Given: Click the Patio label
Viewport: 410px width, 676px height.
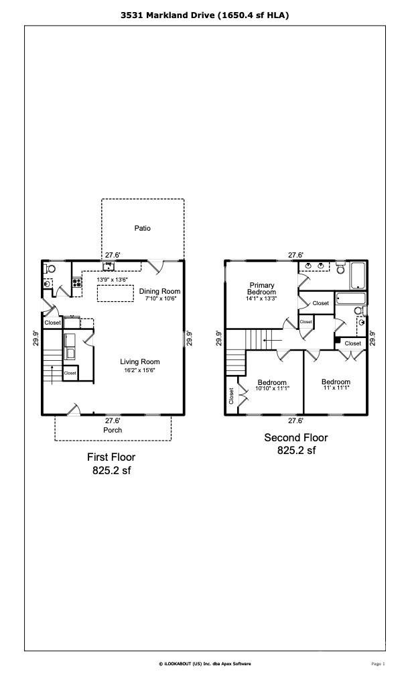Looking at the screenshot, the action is coord(143,228).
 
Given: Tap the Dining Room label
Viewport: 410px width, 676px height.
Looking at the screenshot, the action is coord(159,292).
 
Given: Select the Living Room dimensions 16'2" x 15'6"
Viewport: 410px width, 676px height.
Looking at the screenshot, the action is coord(139,370).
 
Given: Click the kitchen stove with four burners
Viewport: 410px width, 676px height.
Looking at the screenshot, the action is coord(77,283).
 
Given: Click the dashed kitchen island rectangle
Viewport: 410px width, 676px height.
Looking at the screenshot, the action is coord(115,293).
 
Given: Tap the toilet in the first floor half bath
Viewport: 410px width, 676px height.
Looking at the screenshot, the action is coord(50,268).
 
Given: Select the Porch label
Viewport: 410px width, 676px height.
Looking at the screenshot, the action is coord(113,430).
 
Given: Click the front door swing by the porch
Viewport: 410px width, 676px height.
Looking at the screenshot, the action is coord(74,408).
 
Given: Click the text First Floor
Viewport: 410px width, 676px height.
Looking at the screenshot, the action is coord(111,457).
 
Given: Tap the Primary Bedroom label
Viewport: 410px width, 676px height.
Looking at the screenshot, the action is coord(262,288).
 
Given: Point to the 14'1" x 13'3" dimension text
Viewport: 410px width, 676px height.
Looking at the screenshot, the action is coord(261,298).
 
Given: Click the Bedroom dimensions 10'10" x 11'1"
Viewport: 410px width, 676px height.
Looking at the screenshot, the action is coord(272,388).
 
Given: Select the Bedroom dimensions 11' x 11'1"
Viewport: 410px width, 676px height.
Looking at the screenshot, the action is coord(336,388).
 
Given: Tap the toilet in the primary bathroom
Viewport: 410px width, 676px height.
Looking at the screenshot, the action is coord(340,268).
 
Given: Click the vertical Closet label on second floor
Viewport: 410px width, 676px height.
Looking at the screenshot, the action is coord(231,396).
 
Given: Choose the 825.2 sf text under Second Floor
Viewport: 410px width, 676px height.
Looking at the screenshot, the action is coord(296,451).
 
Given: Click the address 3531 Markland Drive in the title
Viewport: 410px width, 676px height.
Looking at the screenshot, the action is coord(167,15).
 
